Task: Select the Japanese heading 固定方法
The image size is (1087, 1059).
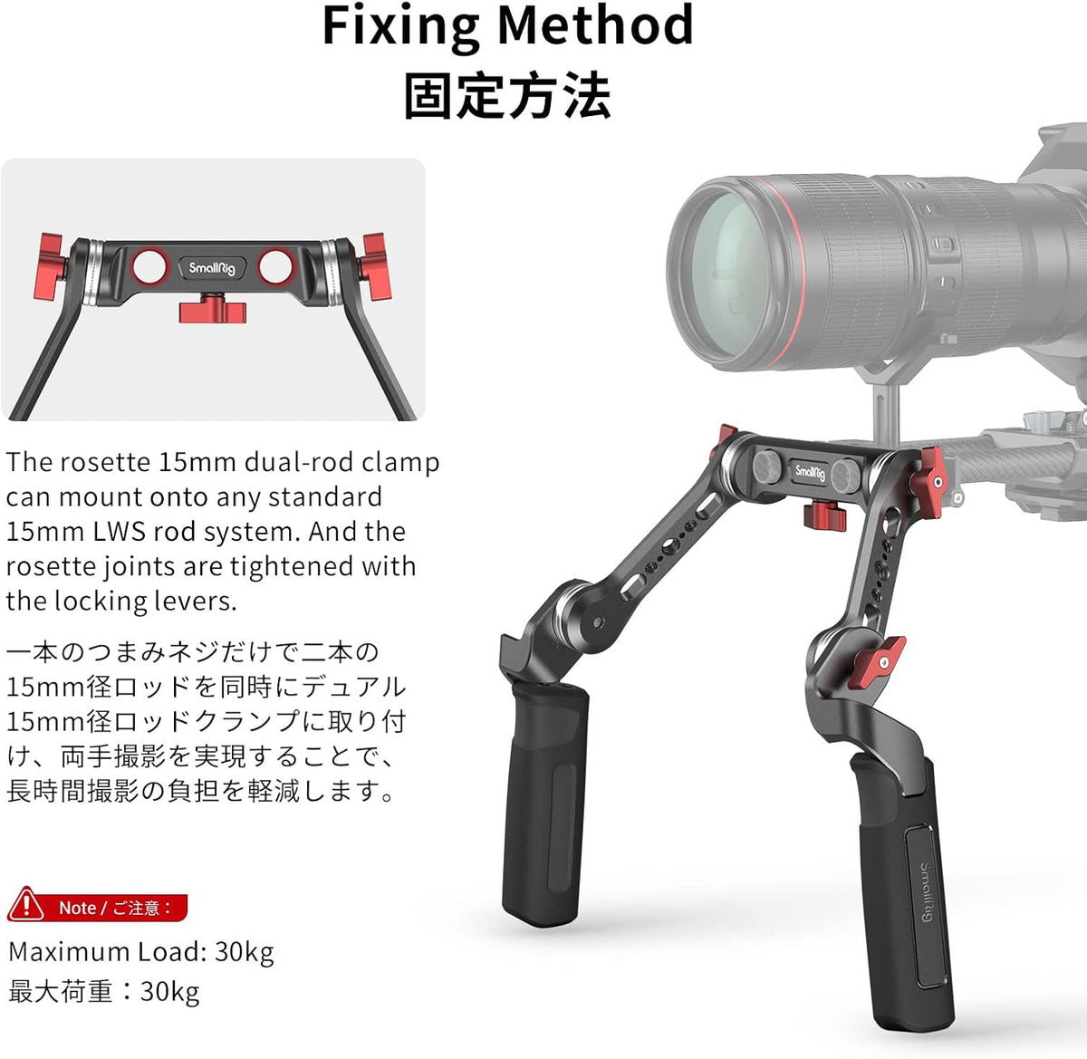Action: pyautogui.click(x=507, y=95)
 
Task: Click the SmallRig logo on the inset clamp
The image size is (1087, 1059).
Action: pyautogui.click(x=212, y=268)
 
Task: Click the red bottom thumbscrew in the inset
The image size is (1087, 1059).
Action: pyautogui.click(x=212, y=309)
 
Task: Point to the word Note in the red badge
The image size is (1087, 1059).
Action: pyautogui.click(x=78, y=908)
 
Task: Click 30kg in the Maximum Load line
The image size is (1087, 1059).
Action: pyautogui.click(x=244, y=953)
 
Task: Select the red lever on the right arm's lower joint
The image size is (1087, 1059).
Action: pyautogui.click(x=877, y=662)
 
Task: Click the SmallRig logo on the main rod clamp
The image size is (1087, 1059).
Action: pyautogui.click(x=810, y=472)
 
